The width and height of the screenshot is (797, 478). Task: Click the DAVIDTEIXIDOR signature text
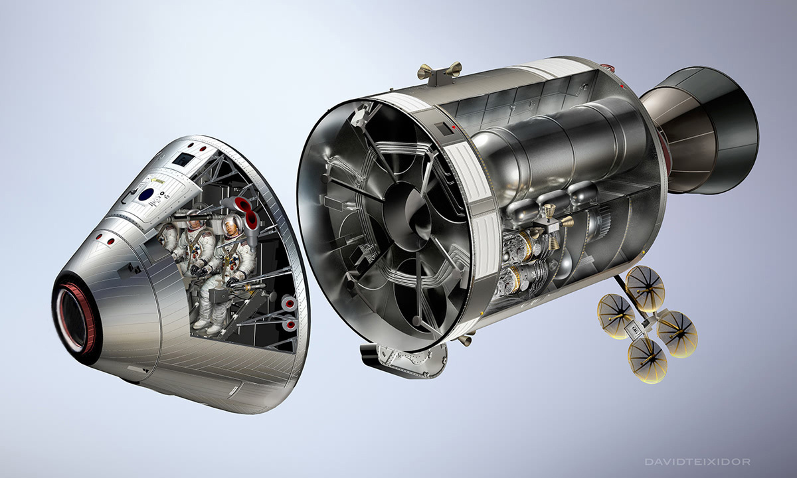pos(698,462)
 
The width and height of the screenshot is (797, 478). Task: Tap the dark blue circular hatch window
pos(146,195)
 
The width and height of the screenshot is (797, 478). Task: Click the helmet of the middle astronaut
pos(194,222)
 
